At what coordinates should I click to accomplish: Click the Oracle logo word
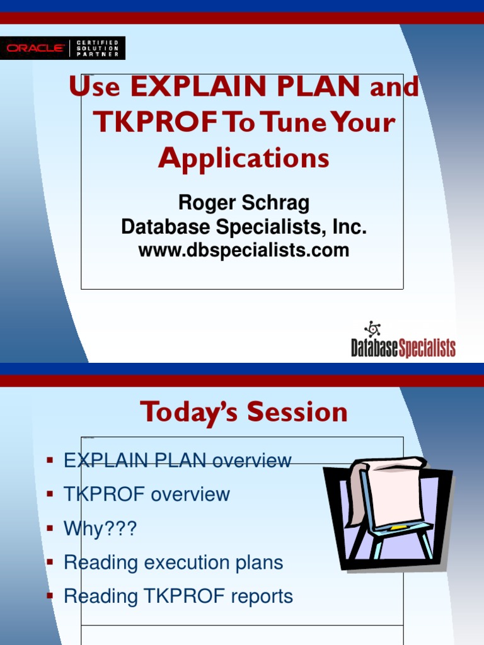click(35, 48)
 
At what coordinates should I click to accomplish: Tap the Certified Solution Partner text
click(98, 48)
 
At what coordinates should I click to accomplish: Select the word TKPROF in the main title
click(155, 122)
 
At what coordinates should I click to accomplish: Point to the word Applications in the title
click(244, 158)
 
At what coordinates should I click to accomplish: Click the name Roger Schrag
click(244, 203)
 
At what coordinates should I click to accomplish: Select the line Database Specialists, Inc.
click(244, 227)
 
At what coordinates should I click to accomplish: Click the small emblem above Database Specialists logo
click(372, 329)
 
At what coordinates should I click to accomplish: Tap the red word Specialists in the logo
click(427, 348)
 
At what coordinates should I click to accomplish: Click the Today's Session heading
click(244, 412)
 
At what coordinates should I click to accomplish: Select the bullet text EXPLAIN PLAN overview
click(177, 460)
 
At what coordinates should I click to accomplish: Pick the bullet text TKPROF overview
click(146, 494)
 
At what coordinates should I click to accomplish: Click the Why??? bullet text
click(100, 528)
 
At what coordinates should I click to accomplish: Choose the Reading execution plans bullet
click(173, 562)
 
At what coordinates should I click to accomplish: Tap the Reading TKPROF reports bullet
click(178, 596)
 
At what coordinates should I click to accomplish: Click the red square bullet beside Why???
click(50, 528)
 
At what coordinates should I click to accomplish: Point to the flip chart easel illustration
click(388, 513)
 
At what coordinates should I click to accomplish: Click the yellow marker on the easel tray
click(398, 527)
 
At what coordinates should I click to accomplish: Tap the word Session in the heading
click(297, 412)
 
